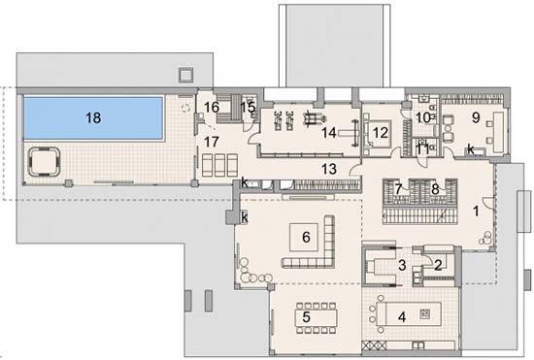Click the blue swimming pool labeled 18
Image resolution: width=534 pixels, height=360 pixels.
click(93, 118)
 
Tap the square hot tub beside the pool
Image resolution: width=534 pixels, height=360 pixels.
click(44, 161)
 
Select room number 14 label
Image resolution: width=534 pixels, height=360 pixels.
click(329, 133)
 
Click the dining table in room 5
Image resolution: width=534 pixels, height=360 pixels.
click(317, 318)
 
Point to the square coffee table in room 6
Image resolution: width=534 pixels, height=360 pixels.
click(304, 237)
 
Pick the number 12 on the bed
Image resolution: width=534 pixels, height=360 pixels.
click(381, 133)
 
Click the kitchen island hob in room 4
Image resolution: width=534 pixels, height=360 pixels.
click(424, 313)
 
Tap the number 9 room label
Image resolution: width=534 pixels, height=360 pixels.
click(476, 117)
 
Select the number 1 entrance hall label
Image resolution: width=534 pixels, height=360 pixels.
click(476, 212)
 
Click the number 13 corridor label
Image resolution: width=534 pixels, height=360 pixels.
click(329, 169)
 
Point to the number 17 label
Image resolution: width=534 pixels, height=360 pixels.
click(212, 142)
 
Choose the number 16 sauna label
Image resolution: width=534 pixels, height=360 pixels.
click(212, 107)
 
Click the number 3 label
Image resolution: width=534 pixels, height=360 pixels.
click(402, 265)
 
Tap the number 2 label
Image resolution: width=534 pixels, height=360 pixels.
click(438, 265)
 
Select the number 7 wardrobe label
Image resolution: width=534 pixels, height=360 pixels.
click(398, 188)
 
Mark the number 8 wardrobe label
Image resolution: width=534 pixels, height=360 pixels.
click(435, 189)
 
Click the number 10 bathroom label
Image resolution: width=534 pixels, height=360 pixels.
click(423, 118)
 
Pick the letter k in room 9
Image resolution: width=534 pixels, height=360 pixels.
click(471, 149)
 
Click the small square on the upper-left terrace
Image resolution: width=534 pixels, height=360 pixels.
click(186, 74)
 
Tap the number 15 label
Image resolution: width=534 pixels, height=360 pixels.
click(248, 107)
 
